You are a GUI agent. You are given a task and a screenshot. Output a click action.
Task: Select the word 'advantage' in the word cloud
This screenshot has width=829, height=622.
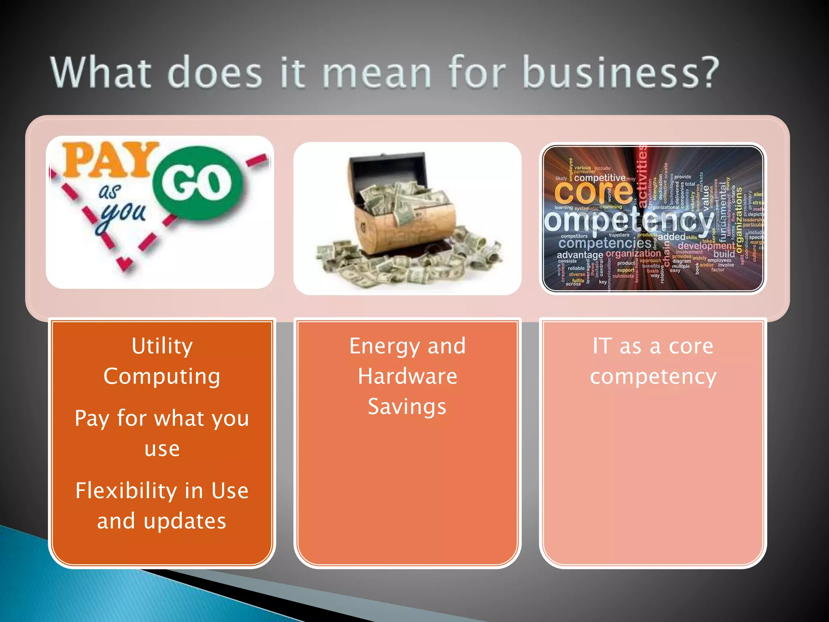click(580, 255)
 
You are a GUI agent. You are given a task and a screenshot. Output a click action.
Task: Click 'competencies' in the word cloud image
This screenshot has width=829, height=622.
click(605, 243)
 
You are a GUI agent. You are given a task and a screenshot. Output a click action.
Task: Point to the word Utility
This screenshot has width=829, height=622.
click(162, 347)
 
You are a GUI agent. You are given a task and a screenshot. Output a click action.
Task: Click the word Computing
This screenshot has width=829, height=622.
click(162, 377)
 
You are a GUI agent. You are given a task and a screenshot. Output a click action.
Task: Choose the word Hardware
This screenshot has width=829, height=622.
click(407, 377)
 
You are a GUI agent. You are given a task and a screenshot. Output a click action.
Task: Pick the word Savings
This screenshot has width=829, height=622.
click(407, 407)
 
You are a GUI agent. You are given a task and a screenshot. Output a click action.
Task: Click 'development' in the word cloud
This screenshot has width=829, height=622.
click(706, 246)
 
